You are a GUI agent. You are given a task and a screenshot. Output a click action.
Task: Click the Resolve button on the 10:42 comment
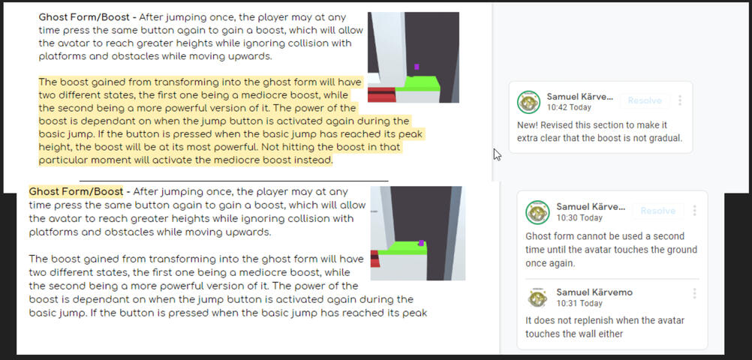645,100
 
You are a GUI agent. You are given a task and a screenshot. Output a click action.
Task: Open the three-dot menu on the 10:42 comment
680,100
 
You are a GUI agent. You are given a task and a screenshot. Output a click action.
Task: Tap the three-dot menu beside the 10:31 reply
694,293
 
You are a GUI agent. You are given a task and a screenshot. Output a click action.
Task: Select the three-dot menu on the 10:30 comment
694,211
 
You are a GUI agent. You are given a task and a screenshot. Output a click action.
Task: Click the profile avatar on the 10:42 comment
529,102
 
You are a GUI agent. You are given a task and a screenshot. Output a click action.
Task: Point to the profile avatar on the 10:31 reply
537,298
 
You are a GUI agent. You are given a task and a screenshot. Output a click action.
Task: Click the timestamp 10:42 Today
570,108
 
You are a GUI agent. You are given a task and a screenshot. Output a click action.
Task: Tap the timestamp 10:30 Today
579,217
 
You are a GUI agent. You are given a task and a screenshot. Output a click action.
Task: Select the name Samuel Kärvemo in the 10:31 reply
594,291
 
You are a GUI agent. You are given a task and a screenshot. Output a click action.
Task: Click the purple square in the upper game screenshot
417,67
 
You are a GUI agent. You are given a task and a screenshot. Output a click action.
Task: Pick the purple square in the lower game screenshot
422,243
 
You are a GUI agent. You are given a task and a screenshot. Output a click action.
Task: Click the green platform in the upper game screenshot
416,82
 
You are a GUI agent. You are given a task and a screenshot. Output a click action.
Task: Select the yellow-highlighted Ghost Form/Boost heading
76,191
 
